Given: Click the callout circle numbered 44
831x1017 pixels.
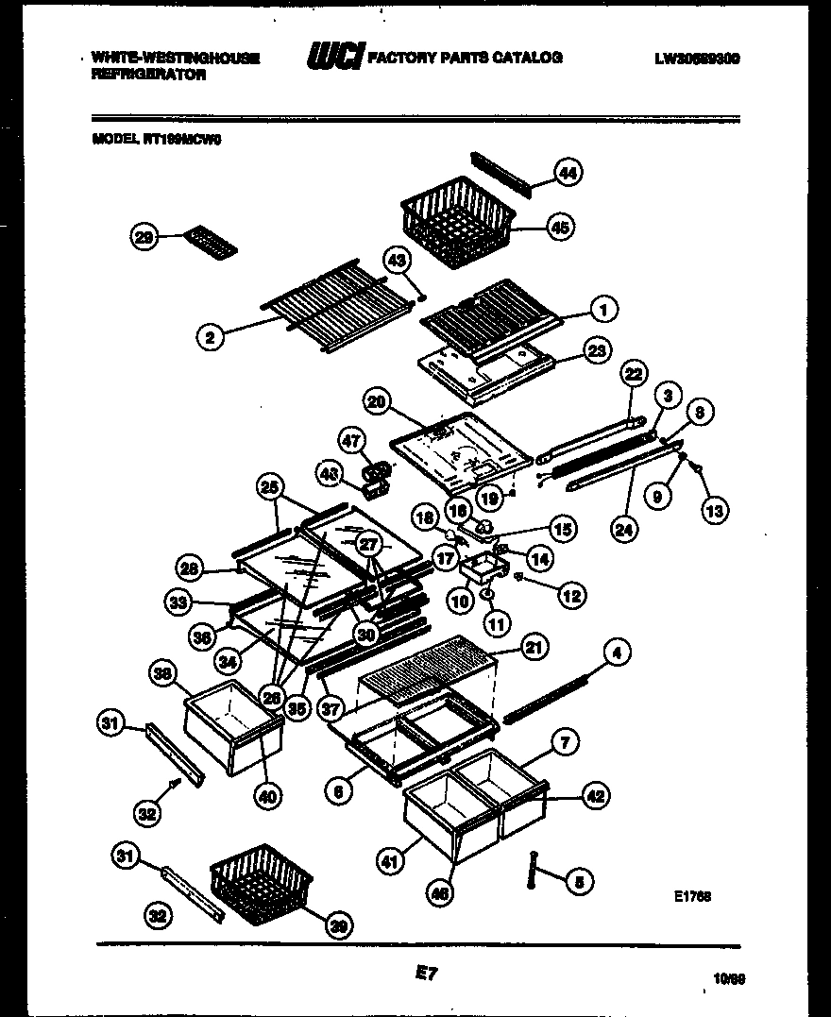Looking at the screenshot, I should point(568,173).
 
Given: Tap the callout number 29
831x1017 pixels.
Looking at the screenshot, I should point(144,238).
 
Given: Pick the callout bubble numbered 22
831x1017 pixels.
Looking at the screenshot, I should point(634,375).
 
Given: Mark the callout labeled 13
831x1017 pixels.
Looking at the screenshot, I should point(715,511).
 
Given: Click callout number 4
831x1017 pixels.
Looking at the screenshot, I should point(619,652).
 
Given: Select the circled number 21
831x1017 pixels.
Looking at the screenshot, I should point(534,647).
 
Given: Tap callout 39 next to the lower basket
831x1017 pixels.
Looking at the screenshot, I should point(338,926).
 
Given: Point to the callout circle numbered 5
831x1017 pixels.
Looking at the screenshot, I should point(580,882).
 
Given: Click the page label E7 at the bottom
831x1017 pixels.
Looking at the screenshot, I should point(426,971).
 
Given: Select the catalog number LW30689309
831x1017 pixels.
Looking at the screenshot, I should point(696,59).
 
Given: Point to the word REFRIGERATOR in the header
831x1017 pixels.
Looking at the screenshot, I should point(148,76).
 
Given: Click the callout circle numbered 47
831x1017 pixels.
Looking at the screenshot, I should point(352,441).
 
